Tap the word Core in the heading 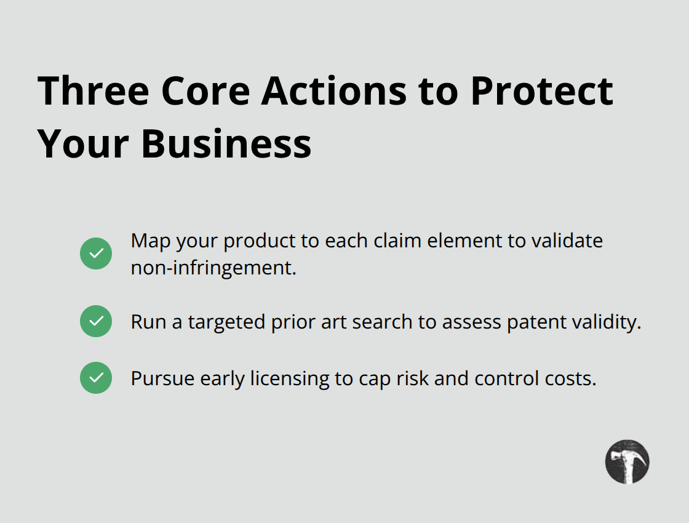click(206, 90)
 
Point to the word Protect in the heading click(542, 90)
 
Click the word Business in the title click(226, 144)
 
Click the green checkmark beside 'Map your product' click(96, 254)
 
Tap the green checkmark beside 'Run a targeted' click(96, 321)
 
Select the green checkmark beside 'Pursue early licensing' click(96, 378)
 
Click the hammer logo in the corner click(627, 461)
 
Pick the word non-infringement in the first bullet click(213, 268)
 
